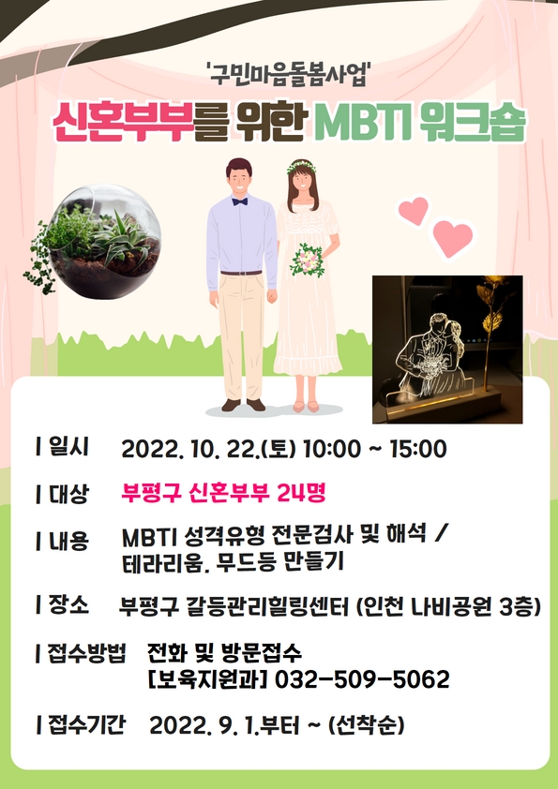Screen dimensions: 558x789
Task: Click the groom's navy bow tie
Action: [240, 201]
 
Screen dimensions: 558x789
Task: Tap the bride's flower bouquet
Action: [308, 260]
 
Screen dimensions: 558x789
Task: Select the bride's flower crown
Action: [302, 166]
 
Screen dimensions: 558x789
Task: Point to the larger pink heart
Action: [453, 237]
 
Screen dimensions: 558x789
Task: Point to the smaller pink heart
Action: [414, 210]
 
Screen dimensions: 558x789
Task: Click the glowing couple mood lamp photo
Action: [447, 350]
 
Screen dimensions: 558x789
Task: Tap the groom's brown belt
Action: [241, 273]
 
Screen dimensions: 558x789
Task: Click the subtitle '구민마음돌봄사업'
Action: [289, 75]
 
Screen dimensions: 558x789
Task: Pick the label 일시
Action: [63, 447]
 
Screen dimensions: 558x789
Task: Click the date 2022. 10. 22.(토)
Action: [208, 449]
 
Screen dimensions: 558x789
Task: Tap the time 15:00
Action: [418, 449]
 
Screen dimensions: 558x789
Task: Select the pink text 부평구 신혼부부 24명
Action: [223, 493]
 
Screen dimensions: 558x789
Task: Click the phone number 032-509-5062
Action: [362, 679]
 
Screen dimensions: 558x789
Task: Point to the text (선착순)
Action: [366, 725]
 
